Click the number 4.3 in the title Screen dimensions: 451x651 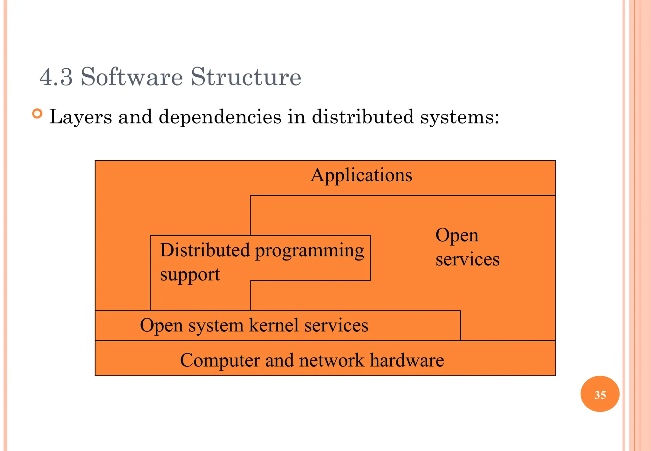click(x=56, y=77)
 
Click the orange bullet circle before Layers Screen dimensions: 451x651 click(x=38, y=114)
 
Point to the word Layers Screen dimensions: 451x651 click(x=81, y=117)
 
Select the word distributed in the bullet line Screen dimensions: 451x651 click(x=363, y=117)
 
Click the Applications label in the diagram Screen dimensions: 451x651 click(x=361, y=175)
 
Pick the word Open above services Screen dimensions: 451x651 click(x=457, y=236)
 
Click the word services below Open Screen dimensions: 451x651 click(x=467, y=259)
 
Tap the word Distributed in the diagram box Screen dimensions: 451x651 click(x=205, y=250)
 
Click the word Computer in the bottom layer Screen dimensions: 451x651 click(x=220, y=360)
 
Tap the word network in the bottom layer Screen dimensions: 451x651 click(x=331, y=360)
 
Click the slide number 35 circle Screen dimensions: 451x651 click(x=600, y=394)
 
